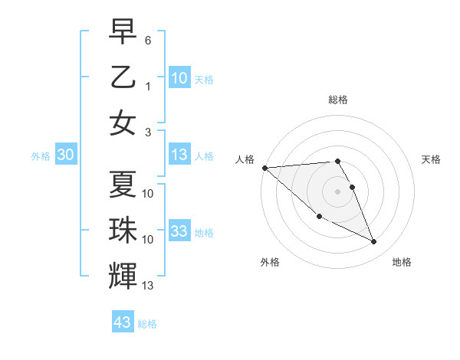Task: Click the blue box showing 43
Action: point(123,322)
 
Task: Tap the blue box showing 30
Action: point(65,155)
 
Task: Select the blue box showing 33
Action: point(179,232)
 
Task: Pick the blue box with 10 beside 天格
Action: point(179,78)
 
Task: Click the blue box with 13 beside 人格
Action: point(179,155)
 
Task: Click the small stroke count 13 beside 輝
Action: point(148,286)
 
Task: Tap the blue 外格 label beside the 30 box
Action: point(41,156)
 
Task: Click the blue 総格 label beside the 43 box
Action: point(147,324)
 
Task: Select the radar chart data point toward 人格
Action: point(264,167)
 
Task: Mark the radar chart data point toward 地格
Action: point(374,242)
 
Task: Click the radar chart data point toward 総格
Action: point(337,161)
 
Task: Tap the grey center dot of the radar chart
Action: point(337,191)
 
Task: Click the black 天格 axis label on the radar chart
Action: point(432,159)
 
